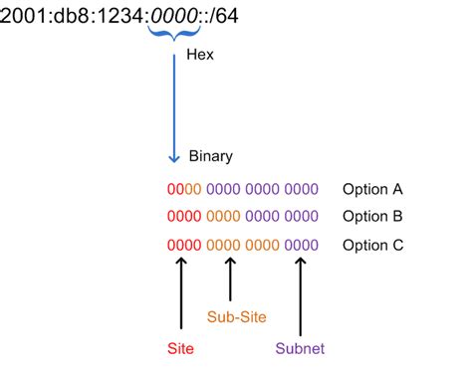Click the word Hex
tap(200, 56)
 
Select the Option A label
tap(373, 189)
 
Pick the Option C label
tap(373, 245)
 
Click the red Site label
tap(180, 348)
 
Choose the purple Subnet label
tap(300, 348)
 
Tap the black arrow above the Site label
tap(180, 293)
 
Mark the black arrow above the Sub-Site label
tap(231, 278)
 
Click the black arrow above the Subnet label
tap(300, 293)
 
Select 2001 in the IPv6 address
tap(23, 14)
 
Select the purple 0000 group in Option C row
tap(301, 245)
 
